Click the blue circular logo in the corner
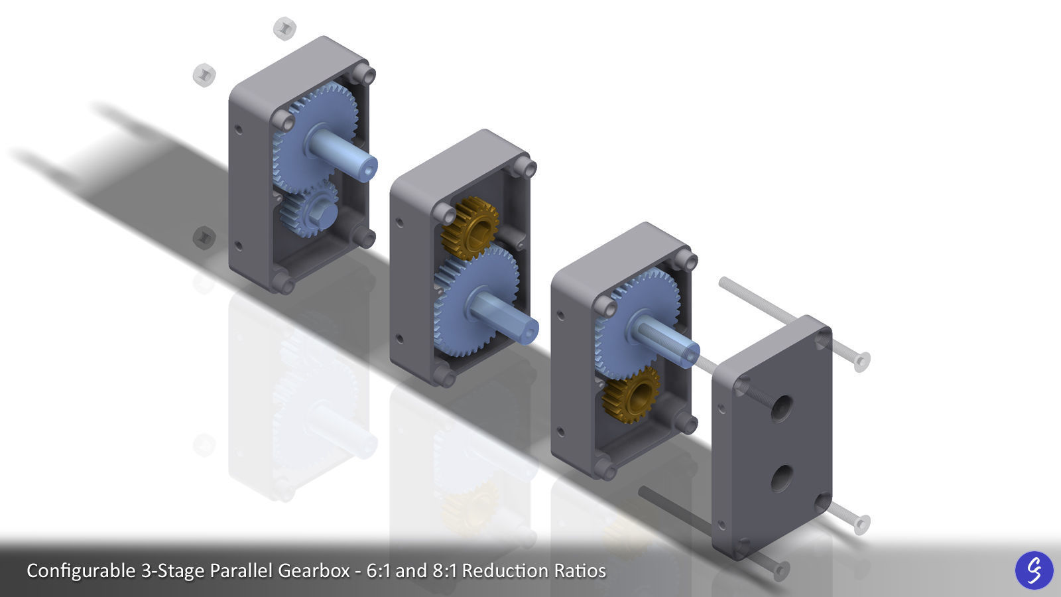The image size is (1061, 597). [1034, 570]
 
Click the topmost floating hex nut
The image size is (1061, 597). [284, 29]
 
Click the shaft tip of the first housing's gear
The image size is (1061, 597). [366, 167]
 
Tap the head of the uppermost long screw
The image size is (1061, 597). [861, 362]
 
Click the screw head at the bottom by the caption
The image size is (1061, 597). [782, 570]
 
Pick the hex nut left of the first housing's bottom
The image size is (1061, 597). [204, 237]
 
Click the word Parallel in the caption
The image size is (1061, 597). [243, 570]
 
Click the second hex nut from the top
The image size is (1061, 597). [204, 75]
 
